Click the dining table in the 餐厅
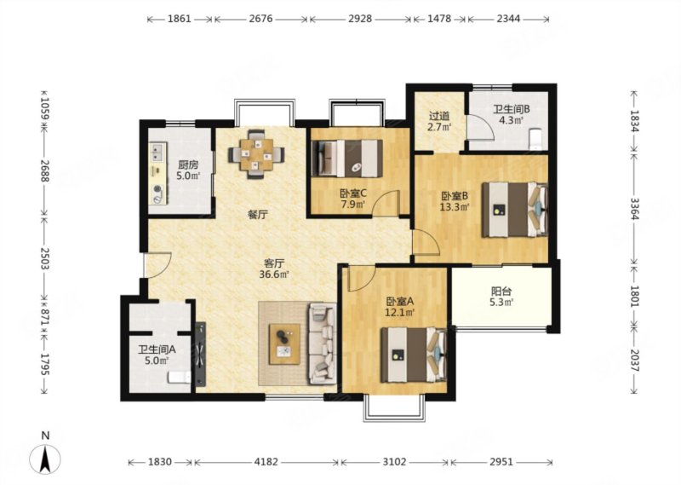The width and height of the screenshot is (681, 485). pos(256,154)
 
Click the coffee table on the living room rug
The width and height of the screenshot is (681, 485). pos(284,344)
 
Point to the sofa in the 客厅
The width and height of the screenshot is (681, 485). pos(323,344)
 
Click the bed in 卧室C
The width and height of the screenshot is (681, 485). pos(349,158)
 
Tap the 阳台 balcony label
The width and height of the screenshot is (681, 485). pos(501,291)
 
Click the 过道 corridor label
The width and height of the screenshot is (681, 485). pos(439,116)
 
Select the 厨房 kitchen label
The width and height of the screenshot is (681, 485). pos(187,165)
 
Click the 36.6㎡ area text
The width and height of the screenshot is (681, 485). pos(274,274)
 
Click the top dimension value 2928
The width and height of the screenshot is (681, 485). pos(360,19)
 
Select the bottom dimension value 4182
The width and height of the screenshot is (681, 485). pos(266,461)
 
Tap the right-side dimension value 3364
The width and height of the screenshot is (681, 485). pos(634,209)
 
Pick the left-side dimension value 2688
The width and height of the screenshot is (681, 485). pos(45,170)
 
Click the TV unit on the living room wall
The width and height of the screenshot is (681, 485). pos(200,355)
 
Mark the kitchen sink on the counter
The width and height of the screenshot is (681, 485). pos(157,151)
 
